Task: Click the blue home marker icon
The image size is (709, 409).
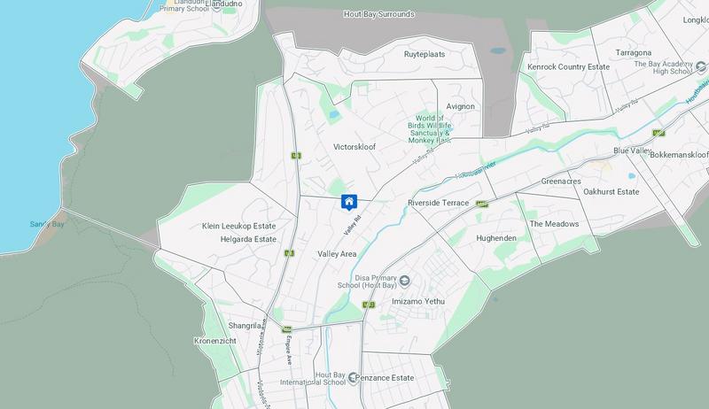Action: coord(349,202)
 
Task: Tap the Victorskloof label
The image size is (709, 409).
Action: coord(354,146)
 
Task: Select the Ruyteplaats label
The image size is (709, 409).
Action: coord(424,53)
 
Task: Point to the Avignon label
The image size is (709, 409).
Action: coord(461,106)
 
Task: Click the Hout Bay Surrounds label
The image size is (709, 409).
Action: coord(378,14)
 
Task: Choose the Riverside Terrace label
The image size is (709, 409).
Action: coord(438,204)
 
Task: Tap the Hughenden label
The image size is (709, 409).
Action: coord(497,239)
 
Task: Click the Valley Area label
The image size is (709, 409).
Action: coord(337,254)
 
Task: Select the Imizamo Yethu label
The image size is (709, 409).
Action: coord(417,303)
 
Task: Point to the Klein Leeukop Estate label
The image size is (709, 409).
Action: coord(238,226)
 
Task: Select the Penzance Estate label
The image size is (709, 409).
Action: coord(391,378)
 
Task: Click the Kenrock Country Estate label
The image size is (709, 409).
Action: coord(569,66)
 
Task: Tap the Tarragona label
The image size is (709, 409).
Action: coord(634,53)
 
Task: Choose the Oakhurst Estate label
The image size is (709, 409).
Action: coord(605,192)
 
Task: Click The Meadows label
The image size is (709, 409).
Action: coord(554,225)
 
